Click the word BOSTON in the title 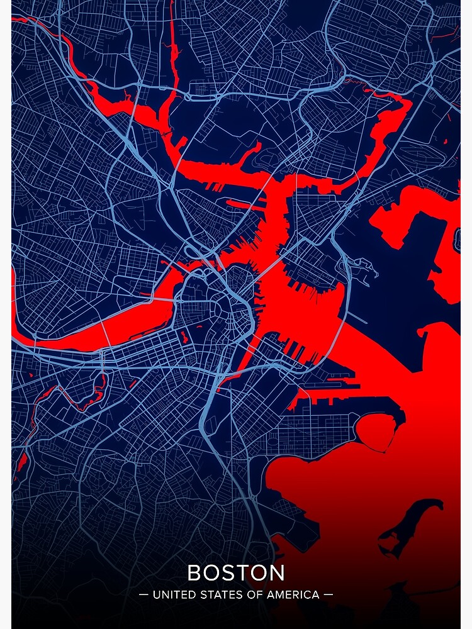(236, 573)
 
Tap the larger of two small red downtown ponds (184, 337)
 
